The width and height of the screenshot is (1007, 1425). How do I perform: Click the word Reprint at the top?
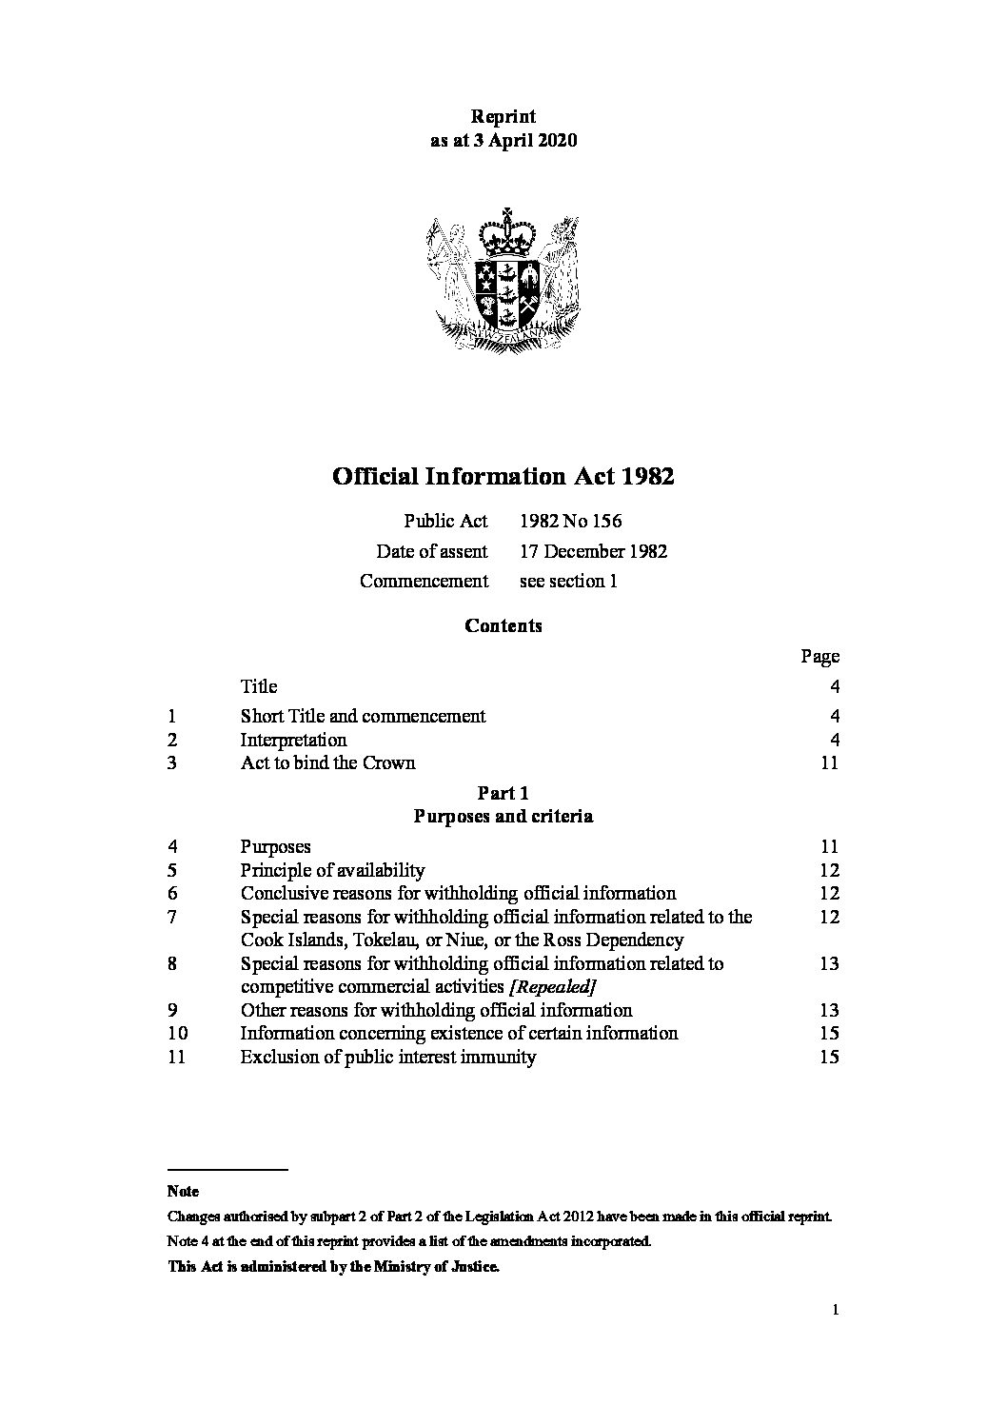click(x=503, y=117)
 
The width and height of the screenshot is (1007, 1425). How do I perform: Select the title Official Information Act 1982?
click(x=503, y=476)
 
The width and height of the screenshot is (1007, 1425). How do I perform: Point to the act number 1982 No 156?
click(x=570, y=521)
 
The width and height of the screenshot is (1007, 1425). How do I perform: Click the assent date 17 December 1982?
click(x=593, y=551)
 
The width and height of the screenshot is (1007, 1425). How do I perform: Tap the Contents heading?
click(x=503, y=625)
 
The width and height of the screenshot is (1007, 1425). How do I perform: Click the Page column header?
click(x=819, y=656)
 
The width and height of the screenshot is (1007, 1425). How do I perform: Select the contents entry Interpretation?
click(x=293, y=740)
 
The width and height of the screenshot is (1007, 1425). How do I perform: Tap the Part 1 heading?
click(x=503, y=793)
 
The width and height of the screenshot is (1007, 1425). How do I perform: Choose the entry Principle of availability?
click(x=332, y=870)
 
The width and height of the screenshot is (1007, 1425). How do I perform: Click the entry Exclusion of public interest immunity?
click(x=388, y=1057)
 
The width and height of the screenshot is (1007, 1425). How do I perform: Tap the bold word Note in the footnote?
click(x=183, y=1191)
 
